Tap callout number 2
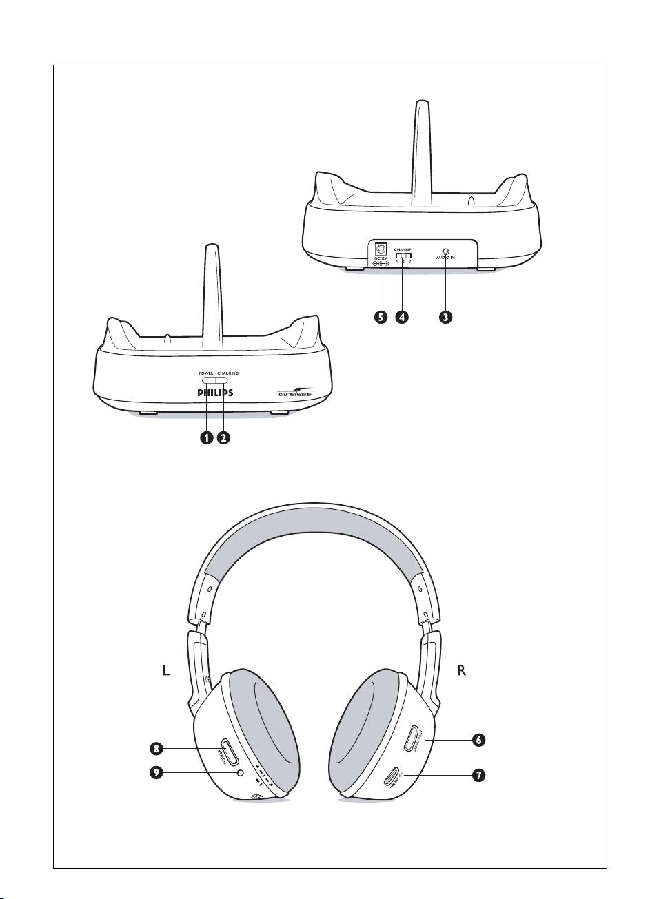[223, 437]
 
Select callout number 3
[446, 317]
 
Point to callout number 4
[401, 317]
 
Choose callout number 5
[380, 317]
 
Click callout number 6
[478, 740]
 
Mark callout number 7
[478, 775]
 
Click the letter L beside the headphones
[165, 671]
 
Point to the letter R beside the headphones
[462, 671]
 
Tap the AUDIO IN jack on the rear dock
[445, 251]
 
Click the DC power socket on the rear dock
[381, 248]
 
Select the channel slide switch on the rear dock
[403, 256]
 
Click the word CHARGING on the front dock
[227, 373]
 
